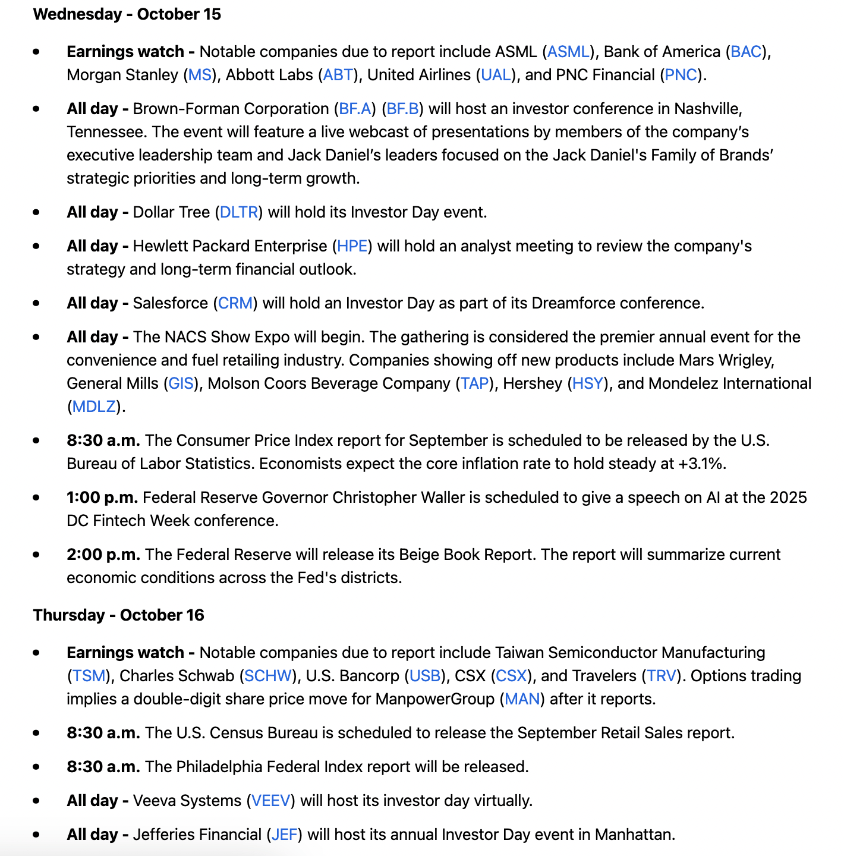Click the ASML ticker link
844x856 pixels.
coord(568,52)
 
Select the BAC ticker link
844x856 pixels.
coord(746,52)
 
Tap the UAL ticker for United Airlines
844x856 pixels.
coord(496,75)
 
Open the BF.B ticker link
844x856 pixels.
coord(403,109)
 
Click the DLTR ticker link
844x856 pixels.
coord(239,212)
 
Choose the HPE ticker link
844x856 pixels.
coord(352,246)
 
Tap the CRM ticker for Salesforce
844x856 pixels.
coord(235,303)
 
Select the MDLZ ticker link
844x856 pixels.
coord(94,407)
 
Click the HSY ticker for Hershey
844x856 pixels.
coord(587,383)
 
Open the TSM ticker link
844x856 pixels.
coord(89,676)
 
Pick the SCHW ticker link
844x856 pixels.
coord(268,676)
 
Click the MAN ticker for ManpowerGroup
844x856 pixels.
coord(522,699)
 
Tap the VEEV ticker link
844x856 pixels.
coord(270,801)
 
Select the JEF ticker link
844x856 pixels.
coord(284,835)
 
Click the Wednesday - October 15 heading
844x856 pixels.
coord(127,14)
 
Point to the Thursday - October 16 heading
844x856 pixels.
coord(119,615)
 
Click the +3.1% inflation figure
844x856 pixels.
coord(701,464)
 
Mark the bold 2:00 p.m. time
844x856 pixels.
coord(103,555)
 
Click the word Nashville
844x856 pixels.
coord(707,109)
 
